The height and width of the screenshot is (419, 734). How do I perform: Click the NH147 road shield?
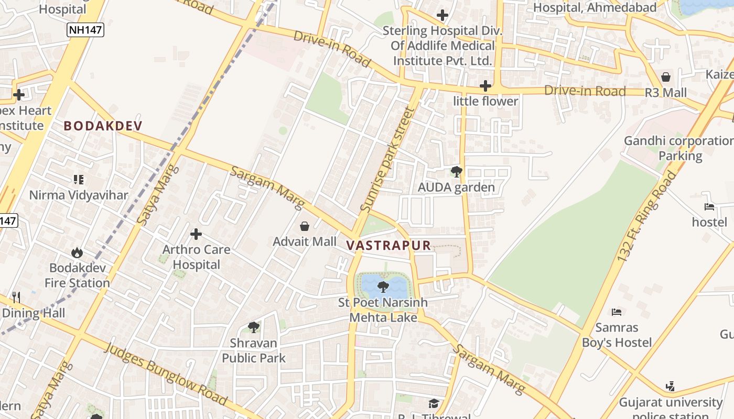coord(86,30)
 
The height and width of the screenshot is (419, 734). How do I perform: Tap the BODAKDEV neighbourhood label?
coord(103,126)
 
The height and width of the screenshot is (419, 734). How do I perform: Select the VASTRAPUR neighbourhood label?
coord(388,245)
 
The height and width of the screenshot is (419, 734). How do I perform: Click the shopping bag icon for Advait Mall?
coord(305,226)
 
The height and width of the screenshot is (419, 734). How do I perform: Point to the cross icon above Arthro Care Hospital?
coord(196,234)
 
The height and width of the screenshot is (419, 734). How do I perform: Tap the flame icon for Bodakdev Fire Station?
coord(78,253)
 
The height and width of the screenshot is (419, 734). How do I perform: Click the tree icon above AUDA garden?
coord(456,172)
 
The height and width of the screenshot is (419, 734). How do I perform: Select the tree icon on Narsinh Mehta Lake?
coord(383,286)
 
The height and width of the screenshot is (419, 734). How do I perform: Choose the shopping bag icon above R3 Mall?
coord(666,77)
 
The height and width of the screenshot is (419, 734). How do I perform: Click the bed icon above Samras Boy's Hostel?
coord(617,312)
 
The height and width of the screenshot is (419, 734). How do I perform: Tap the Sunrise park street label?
coord(387,160)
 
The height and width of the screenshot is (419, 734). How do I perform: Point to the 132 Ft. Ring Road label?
coord(646,216)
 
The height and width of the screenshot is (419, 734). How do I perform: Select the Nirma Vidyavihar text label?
coord(79,195)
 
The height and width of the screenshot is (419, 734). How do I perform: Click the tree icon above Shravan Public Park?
coord(254,327)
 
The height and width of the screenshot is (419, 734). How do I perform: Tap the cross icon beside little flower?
coord(485,86)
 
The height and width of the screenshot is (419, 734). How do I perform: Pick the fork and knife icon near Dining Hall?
coord(16,297)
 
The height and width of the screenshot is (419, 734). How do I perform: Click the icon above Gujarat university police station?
coord(670,387)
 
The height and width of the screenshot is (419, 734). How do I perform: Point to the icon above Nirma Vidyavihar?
coord(79,180)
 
